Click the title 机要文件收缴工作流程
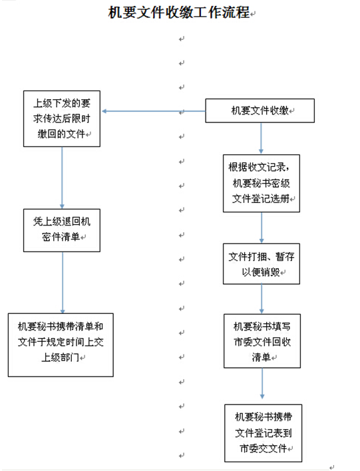tap(179, 13)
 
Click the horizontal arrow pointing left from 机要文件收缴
tap(154, 111)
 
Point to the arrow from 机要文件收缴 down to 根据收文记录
tap(261, 138)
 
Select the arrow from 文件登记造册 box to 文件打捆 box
tap(262, 228)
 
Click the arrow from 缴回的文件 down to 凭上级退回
tap(62, 178)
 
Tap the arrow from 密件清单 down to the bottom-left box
tap(63, 283)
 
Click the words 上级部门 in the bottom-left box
tap(60, 357)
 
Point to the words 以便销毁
tap(261, 272)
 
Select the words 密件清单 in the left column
tap(61, 237)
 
